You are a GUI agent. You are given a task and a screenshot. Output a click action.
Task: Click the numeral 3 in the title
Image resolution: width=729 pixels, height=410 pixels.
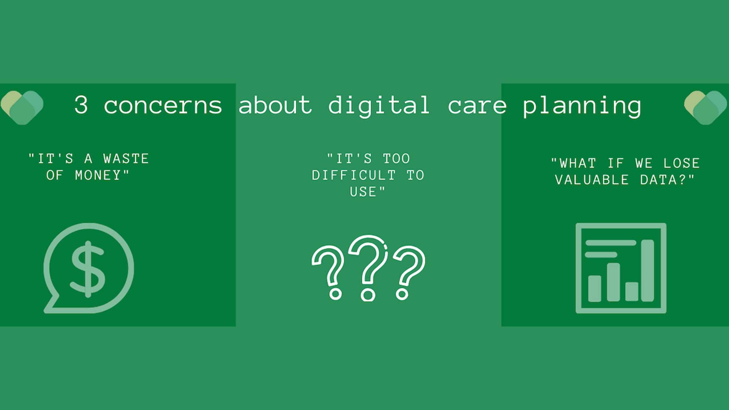81,105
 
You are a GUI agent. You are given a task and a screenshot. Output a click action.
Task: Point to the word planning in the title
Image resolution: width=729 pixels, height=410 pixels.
582,106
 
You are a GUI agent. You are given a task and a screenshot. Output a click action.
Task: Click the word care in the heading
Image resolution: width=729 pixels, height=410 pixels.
477,106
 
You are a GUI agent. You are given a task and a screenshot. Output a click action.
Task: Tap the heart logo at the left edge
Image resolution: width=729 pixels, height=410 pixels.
22,107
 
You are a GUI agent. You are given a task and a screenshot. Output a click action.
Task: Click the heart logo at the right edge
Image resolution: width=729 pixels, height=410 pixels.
705,107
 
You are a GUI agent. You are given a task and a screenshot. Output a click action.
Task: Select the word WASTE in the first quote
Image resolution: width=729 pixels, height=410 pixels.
126,159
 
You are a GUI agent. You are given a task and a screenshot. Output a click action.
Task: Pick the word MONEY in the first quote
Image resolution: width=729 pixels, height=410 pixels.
98,175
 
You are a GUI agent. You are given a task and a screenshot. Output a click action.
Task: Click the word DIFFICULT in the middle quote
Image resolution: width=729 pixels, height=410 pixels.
354,175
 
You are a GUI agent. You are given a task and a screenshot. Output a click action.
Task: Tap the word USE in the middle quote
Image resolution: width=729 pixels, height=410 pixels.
363,192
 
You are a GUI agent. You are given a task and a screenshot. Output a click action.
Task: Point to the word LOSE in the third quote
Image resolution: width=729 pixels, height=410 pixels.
682,163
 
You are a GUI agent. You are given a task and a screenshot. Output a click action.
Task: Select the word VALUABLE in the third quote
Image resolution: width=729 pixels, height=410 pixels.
592,180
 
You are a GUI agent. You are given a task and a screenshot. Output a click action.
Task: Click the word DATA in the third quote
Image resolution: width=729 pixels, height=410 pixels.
658,180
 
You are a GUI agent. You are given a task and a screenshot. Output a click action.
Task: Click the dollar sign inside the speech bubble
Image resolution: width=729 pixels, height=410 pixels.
88,269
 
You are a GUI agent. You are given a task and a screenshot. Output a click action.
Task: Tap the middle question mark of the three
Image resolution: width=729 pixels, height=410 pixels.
368,268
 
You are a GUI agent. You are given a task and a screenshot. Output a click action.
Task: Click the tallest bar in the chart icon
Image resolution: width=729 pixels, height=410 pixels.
648,270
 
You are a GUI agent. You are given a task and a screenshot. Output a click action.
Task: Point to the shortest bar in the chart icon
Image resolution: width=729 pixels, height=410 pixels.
632,292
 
